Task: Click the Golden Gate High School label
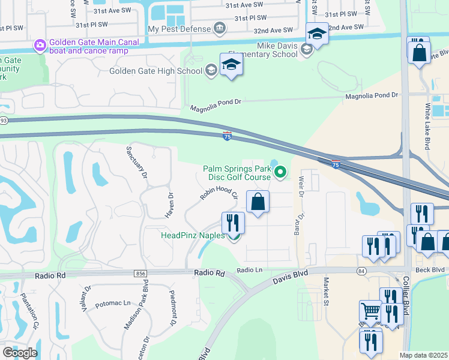point(156,71)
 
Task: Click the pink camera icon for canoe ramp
point(40,44)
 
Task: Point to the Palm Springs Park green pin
point(280,173)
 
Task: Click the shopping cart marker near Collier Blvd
point(370,311)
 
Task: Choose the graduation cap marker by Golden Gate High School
point(231,65)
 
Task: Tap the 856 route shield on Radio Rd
point(141,274)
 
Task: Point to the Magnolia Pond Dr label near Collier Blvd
point(372,95)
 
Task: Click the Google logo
point(20,352)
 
